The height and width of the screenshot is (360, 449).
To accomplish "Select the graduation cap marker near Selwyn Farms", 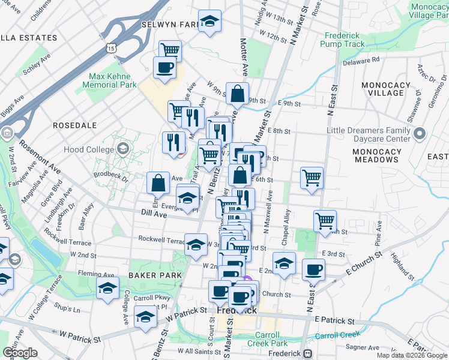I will (x=209, y=20).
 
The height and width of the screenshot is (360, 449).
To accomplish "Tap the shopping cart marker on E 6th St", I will (x=312, y=177).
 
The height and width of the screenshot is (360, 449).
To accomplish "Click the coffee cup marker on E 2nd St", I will (x=313, y=269).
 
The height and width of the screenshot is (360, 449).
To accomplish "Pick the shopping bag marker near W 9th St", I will (x=238, y=92).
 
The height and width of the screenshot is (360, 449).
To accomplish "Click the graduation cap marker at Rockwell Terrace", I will (x=196, y=244).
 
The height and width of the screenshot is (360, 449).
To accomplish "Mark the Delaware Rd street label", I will (x=361, y=61).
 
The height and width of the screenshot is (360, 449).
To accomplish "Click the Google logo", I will (x=20, y=353).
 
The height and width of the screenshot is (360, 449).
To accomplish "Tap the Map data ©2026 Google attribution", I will (x=411, y=355).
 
